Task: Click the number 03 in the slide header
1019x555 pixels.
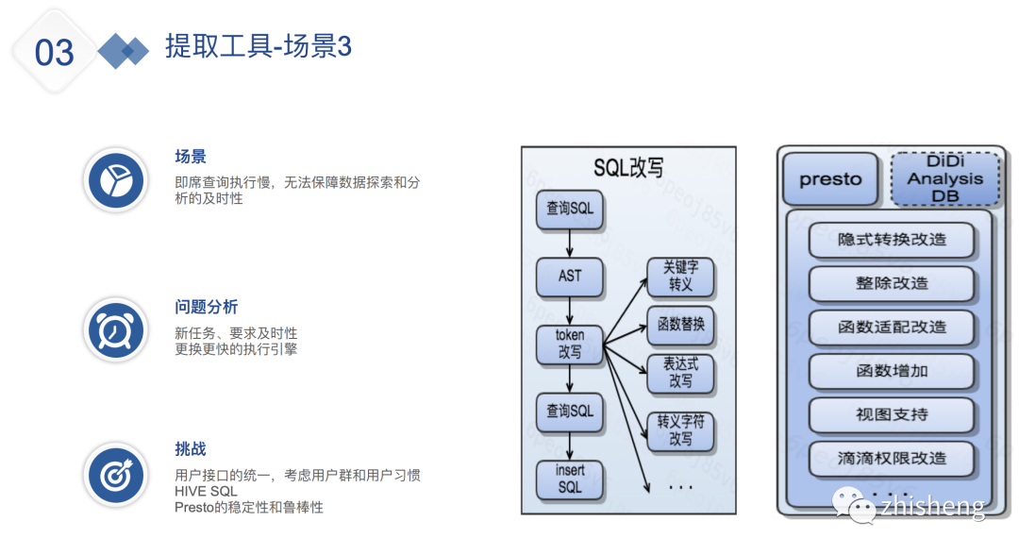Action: [54, 52]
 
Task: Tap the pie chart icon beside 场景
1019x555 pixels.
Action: [115, 179]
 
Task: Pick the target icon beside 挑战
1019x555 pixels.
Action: [115, 475]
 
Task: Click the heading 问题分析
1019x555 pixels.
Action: [206, 308]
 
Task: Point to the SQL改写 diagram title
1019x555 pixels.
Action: [628, 167]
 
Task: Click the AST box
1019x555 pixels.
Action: [570, 277]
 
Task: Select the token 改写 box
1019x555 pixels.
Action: [570, 345]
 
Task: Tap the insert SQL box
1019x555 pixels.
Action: [570, 479]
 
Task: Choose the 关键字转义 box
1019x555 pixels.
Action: [680, 276]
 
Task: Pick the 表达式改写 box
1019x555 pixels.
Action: [680, 374]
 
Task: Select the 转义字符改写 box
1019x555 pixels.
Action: [680, 431]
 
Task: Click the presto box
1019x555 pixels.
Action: [830, 179]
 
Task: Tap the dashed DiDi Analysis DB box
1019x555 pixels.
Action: [944, 179]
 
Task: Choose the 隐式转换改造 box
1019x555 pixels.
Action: [892, 240]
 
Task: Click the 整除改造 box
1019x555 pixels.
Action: [892, 283]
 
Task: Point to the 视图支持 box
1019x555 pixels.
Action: [892, 414]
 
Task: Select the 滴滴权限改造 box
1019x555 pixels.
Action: [892, 458]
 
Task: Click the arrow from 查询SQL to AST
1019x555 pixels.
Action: [570, 242]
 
